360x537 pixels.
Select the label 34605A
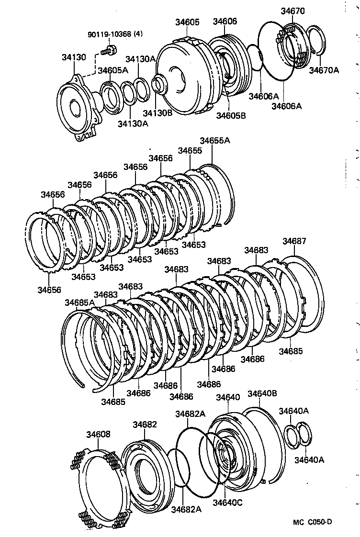[112, 70]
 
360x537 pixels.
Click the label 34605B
[231, 115]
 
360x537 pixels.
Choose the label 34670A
[324, 70]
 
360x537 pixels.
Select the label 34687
[294, 241]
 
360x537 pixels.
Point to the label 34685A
[80, 302]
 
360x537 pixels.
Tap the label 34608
[98, 434]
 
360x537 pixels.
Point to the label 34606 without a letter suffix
[225, 22]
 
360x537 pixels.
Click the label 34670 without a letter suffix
[292, 10]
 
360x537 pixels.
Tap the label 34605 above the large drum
[187, 22]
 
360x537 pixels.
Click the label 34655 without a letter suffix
[190, 150]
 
